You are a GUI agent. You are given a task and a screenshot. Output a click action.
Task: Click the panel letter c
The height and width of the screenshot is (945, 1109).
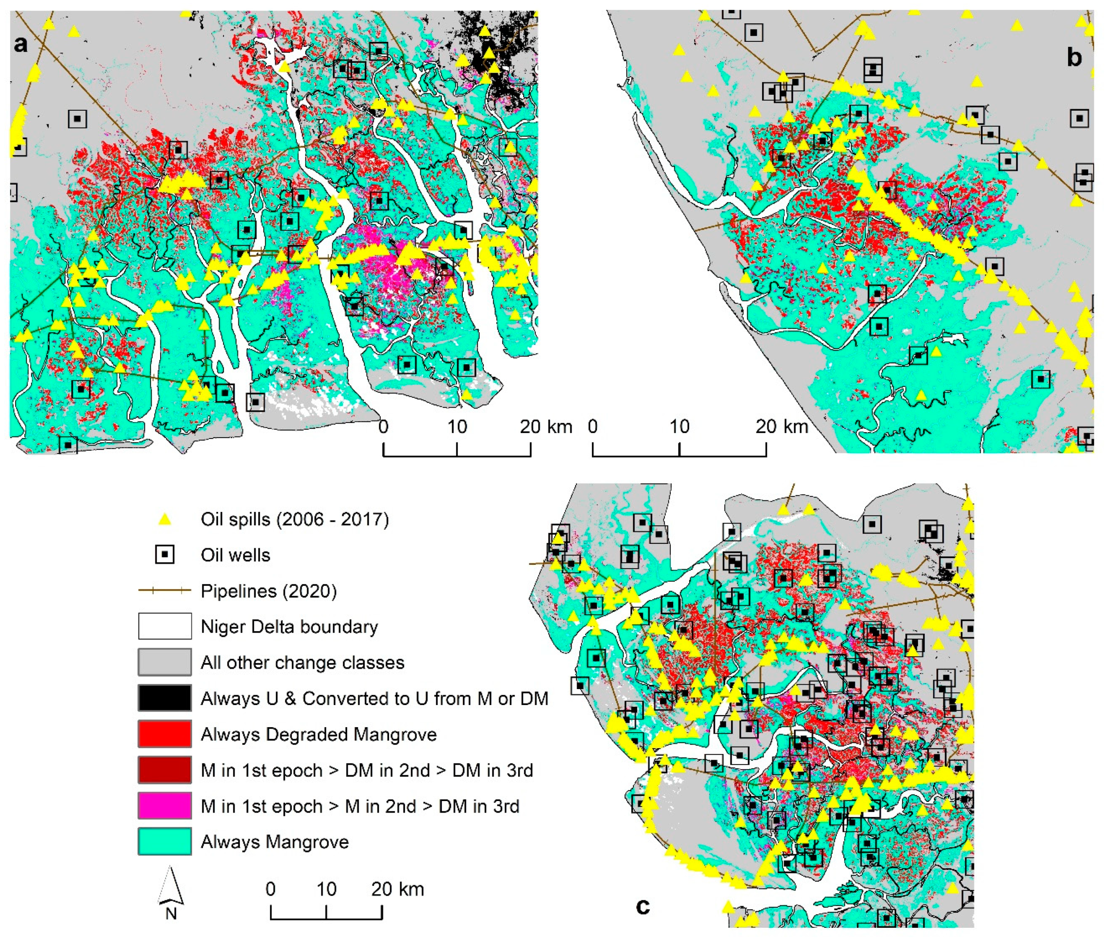pyautogui.click(x=642, y=906)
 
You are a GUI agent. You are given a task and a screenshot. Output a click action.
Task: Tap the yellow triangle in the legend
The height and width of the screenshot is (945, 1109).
pyautogui.click(x=165, y=519)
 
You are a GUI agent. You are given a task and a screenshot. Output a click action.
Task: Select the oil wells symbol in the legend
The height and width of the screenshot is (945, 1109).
pyautogui.click(x=165, y=555)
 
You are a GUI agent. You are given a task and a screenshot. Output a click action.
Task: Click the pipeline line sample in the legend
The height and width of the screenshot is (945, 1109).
pyautogui.click(x=165, y=591)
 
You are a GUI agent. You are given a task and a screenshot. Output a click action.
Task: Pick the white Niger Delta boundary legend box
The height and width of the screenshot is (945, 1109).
pyautogui.click(x=165, y=626)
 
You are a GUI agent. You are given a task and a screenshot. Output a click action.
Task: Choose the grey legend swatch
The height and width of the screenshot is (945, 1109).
pyautogui.click(x=165, y=662)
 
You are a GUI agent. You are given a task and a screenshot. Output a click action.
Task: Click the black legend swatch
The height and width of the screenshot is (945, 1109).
pyautogui.click(x=165, y=698)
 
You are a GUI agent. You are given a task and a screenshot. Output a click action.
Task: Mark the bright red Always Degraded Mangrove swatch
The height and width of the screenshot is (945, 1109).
pyautogui.click(x=165, y=734)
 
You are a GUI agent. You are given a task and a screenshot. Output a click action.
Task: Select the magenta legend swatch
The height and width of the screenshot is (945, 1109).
pyautogui.click(x=165, y=806)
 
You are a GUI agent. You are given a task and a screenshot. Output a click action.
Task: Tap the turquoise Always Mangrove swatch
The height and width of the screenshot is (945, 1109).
pyautogui.click(x=165, y=842)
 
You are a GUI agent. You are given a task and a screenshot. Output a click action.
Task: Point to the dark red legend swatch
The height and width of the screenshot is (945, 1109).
pyautogui.click(x=165, y=770)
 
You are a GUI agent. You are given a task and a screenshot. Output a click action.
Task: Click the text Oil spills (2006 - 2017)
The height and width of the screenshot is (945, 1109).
pyautogui.click(x=294, y=519)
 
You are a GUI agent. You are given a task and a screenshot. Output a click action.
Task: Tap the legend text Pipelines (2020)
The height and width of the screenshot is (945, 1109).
pyautogui.click(x=269, y=591)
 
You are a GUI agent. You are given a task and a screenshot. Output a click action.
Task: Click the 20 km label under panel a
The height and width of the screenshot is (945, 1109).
pyautogui.click(x=545, y=427)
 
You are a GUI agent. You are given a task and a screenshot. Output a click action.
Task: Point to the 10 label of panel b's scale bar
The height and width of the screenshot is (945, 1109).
pyautogui.click(x=679, y=427)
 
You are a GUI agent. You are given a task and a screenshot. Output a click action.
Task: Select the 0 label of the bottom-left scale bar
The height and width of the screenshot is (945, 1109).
pyautogui.click(x=271, y=889)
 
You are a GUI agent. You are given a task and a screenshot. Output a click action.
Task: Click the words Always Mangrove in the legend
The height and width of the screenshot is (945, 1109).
pyautogui.click(x=275, y=842)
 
